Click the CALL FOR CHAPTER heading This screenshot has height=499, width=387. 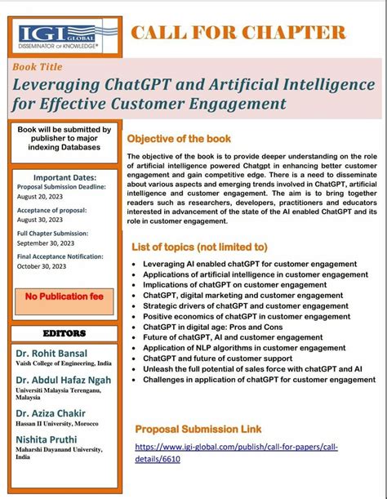238,33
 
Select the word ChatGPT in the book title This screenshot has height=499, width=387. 167,85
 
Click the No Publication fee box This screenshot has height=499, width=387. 64,296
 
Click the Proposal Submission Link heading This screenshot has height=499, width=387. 198,429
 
